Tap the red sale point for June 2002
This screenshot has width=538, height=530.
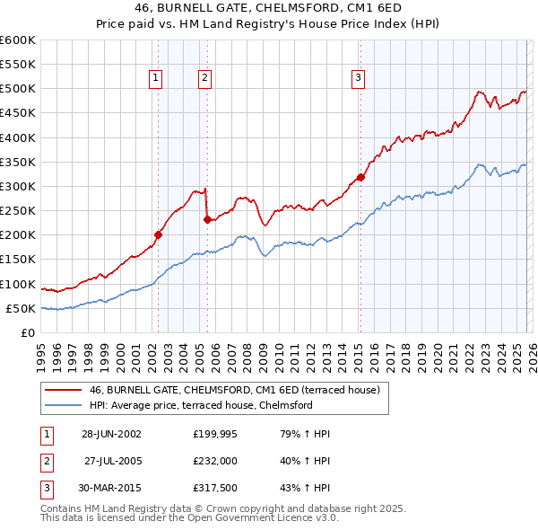[x=159, y=234]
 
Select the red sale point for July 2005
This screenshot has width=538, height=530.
[x=207, y=218]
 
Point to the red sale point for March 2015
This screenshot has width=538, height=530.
[x=360, y=177]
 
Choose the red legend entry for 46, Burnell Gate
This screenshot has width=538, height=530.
[x=235, y=390]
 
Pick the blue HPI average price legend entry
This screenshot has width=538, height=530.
[x=200, y=405]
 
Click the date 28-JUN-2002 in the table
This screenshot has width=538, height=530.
[x=110, y=434]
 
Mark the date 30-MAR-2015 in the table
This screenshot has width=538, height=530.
[x=110, y=490]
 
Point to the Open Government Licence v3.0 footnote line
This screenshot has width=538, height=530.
[x=190, y=517]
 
